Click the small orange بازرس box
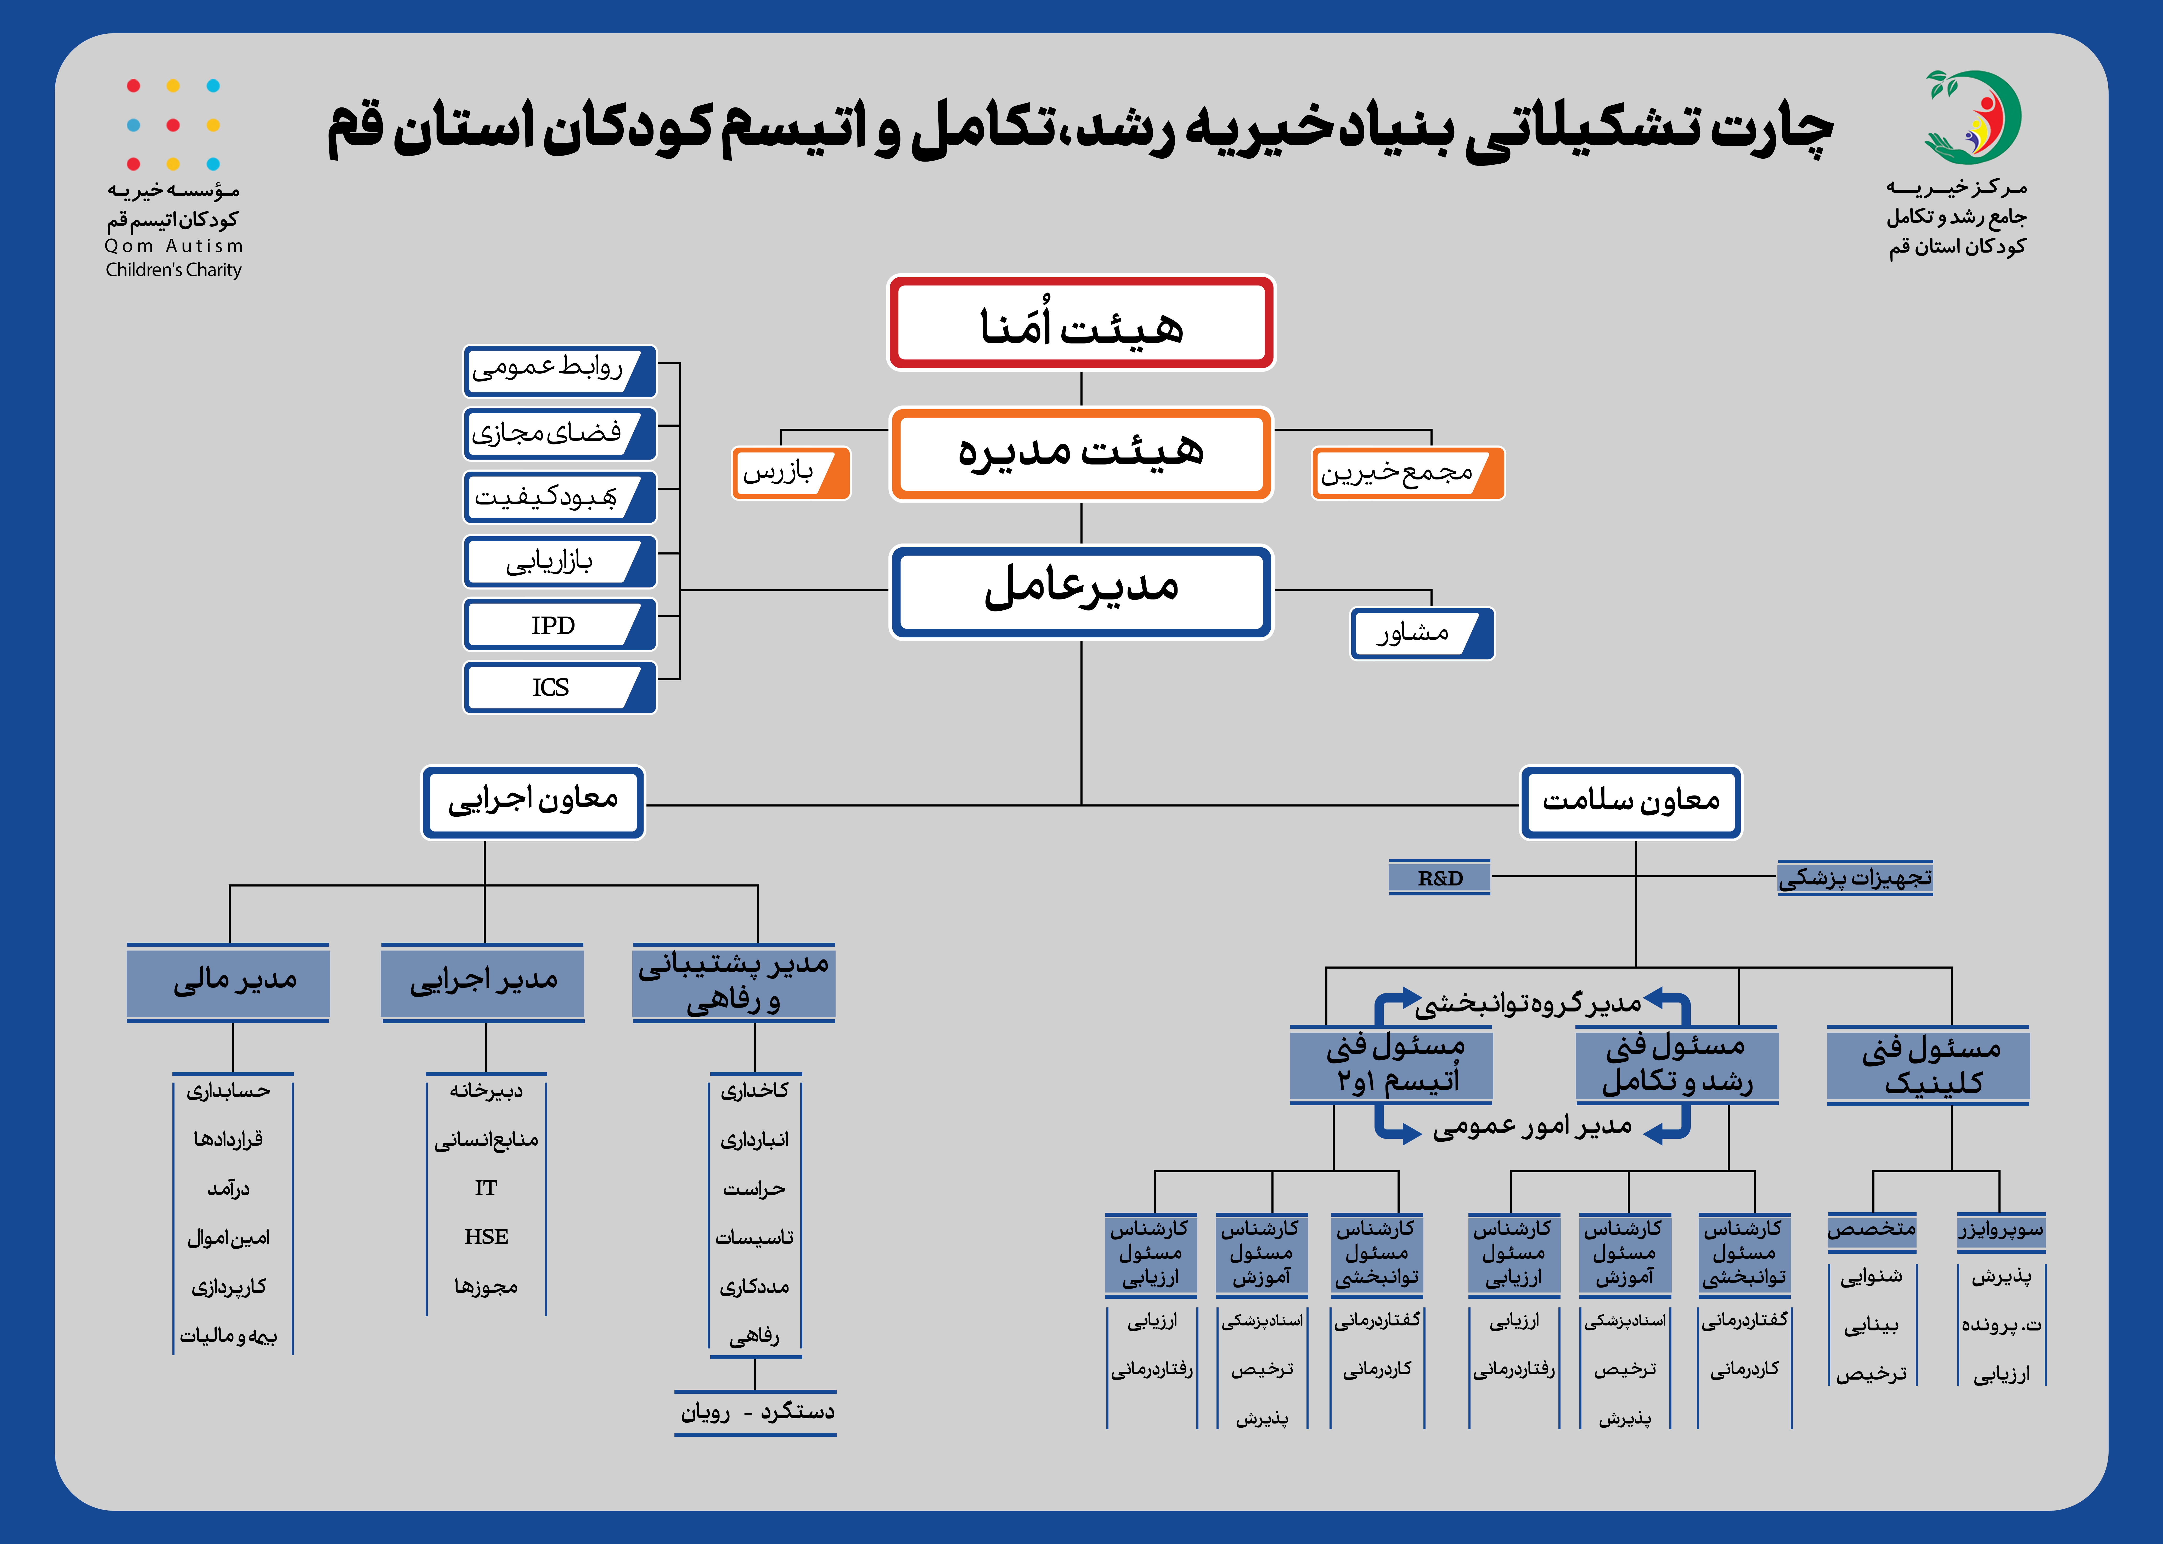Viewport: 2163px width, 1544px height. pyautogui.click(x=790, y=472)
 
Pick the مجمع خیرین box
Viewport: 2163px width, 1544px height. pyautogui.click(x=1408, y=472)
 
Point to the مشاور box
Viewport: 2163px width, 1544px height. pyautogui.click(x=1422, y=633)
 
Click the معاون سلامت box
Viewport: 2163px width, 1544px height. pyautogui.click(x=1630, y=802)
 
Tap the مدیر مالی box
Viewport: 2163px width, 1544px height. pyautogui.click(x=228, y=982)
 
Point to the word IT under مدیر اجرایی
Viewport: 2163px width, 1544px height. pyautogui.click(x=486, y=1187)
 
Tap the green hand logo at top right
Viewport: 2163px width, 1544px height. pyautogui.click(x=1972, y=116)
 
